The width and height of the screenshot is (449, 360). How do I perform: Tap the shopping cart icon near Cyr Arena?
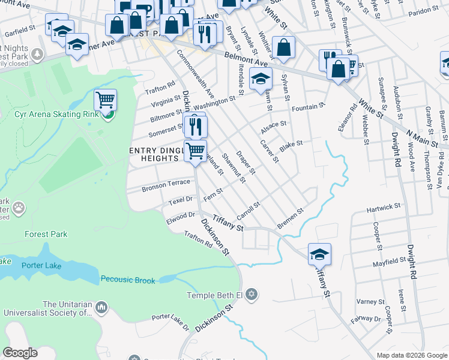(105, 100)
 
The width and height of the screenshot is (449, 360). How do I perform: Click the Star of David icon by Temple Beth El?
(252, 295)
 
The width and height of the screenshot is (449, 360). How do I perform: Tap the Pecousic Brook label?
(128, 280)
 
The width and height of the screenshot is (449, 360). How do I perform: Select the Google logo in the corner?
(20, 353)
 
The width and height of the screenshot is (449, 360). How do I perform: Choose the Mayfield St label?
(389, 262)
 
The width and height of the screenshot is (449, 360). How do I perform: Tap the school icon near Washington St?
(261, 80)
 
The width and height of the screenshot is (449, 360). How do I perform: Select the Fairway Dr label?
(365, 319)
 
